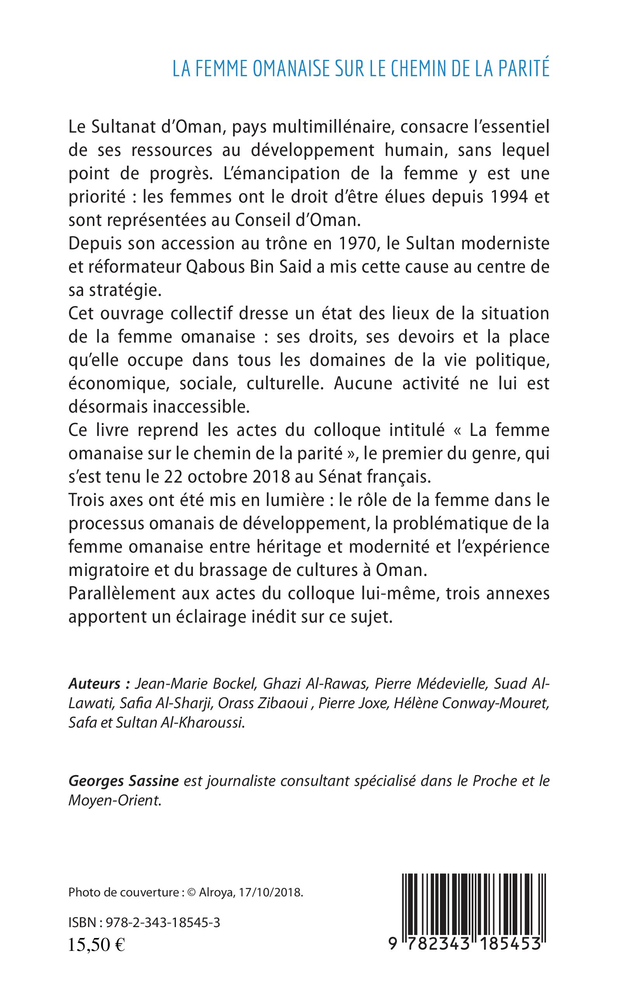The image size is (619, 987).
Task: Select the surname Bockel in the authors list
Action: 235,683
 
